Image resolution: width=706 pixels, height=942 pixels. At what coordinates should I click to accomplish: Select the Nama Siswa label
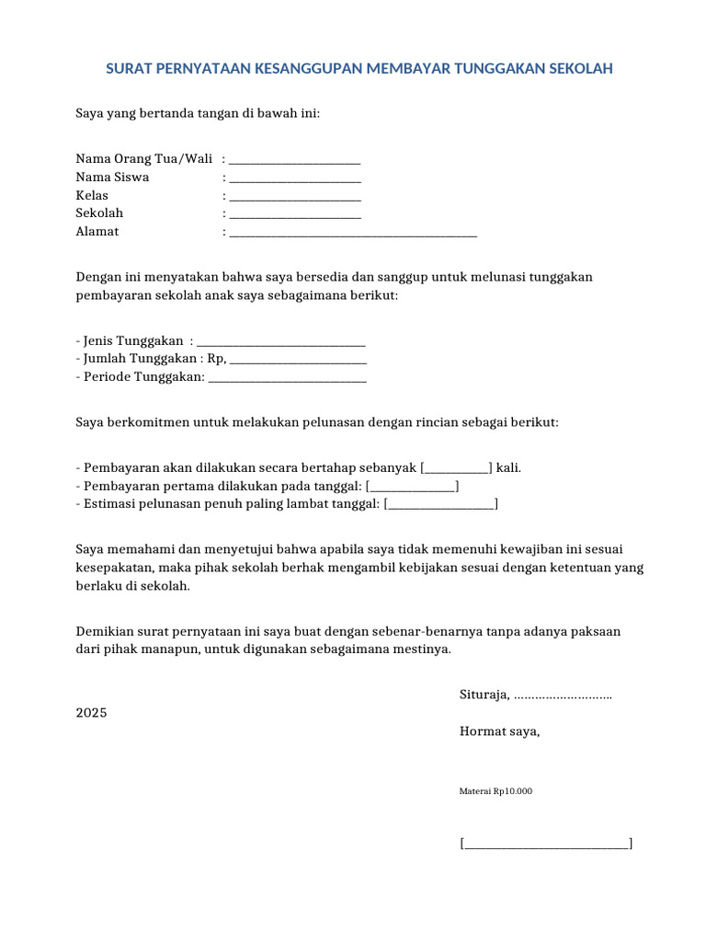pos(112,177)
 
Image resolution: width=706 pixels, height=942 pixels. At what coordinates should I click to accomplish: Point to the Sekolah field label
pos(99,213)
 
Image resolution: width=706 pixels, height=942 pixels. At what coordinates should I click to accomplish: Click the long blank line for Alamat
pos(353,233)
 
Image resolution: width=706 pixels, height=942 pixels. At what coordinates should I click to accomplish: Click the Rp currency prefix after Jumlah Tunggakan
pos(216,359)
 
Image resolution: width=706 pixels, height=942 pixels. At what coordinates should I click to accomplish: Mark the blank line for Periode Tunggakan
pos(288,377)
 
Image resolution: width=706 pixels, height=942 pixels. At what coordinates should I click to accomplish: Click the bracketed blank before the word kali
pos(456,467)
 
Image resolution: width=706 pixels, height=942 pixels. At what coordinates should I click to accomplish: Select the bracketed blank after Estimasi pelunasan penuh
pos(440,503)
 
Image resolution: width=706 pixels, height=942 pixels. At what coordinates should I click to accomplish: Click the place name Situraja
pos(484,695)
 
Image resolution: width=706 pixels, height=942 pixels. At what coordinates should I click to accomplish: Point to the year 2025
pos(91,713)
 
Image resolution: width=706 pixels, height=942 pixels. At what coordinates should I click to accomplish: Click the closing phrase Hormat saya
pos(500,731)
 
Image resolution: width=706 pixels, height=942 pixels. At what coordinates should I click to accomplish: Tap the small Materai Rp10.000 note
pos(495,790)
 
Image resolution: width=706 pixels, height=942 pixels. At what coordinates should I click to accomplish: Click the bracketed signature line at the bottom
pos(546,843)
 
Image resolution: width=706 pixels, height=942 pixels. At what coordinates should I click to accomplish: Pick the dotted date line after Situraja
pos(564,695)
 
